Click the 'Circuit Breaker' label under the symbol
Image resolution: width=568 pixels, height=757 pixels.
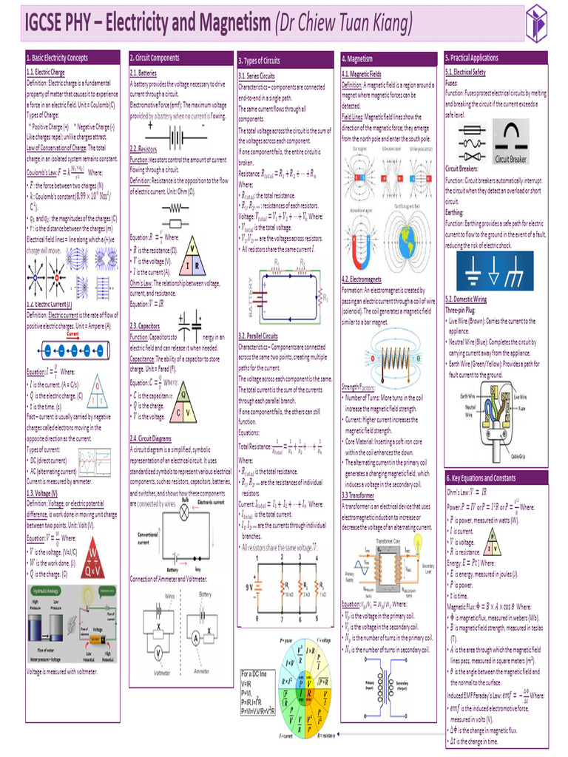[x=511, y=159]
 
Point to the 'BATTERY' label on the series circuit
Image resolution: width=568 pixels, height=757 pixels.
[x=249, y=281]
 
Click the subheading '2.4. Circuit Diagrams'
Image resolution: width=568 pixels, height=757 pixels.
[x=151, y=438]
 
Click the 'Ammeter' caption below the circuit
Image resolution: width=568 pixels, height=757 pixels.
[x=205, y=673]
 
